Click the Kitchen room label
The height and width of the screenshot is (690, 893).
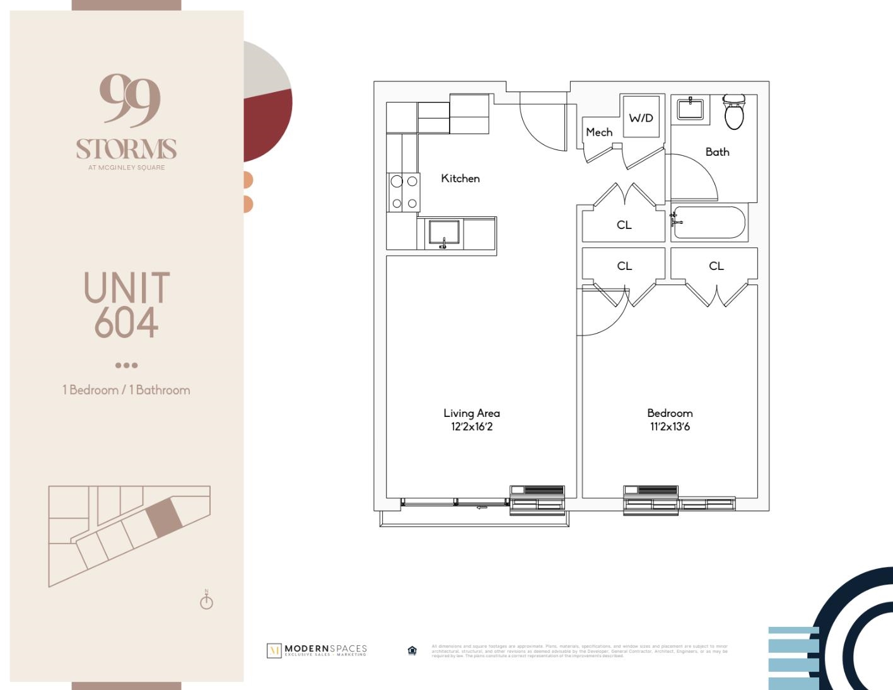click(x=460, y=178)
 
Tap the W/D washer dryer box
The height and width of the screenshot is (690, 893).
click(x=641, y=117)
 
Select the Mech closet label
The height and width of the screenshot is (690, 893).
click(x=598, y=132)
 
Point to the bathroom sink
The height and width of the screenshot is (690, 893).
click(x=691, y=108)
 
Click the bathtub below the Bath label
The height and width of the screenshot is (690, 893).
click(x=709, y=223)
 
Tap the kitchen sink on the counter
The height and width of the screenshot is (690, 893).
click(x=443, y=233)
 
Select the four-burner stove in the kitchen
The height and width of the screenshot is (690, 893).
click(x=404, y=192)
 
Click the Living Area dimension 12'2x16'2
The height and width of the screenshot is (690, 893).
click(x=471, y=427)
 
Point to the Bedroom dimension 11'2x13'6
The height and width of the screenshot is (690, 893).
click(x=670, y=427)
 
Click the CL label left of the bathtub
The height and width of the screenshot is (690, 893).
click(x=624, y=225)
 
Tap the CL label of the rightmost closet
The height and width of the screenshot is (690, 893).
click(x=716, y=266)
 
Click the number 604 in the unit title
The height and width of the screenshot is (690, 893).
click(x=126, y=322)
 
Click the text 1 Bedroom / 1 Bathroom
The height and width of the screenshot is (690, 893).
click(x=126, y=390)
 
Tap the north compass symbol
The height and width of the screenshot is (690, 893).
click(x=206, y=600)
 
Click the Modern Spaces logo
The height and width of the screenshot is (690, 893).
click(x=317, y=650)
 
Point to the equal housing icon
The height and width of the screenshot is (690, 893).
click(x=412, y=650)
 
